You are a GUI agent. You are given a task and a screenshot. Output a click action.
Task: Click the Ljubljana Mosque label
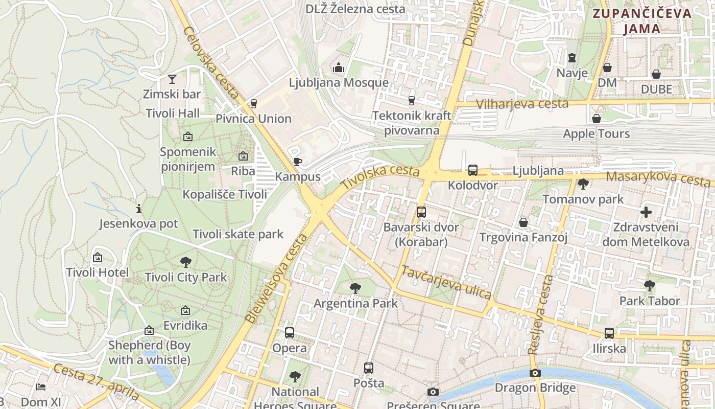pos(339,83)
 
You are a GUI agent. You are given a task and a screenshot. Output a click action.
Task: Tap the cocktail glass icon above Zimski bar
pos(172,79)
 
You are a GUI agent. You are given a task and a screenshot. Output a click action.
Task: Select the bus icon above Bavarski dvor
pos(421,212)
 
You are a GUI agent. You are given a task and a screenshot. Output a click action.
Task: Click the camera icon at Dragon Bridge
pos(535,373)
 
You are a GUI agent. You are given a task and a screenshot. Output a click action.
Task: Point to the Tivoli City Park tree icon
pos(186,262)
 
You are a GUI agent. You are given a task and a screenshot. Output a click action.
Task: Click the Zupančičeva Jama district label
pos(642,21)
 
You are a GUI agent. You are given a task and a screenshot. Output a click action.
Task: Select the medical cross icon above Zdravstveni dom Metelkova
pos(646,212)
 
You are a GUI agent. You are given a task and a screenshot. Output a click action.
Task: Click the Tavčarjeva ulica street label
pos(446,282)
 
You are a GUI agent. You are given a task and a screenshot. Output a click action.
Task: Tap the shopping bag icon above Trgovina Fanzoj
pos(523,222)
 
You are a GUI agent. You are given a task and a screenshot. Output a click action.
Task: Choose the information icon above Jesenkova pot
pos(138,209)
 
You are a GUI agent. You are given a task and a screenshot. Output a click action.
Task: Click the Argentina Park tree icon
pos(355,288)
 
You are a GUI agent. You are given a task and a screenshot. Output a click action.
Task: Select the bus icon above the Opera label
pos(290,333)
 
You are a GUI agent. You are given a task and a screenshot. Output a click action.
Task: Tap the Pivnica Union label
pos(253,119)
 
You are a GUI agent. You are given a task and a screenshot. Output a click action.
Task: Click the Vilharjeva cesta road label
pos(522,104)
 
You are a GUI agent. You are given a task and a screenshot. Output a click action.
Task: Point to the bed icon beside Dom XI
pos(41,387)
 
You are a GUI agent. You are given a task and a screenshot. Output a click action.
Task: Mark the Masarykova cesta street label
pos(658,179)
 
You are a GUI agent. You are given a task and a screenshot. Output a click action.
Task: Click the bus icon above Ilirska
pos(609,333)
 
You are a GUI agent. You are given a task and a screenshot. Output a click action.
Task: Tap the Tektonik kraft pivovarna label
pos(412,123)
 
